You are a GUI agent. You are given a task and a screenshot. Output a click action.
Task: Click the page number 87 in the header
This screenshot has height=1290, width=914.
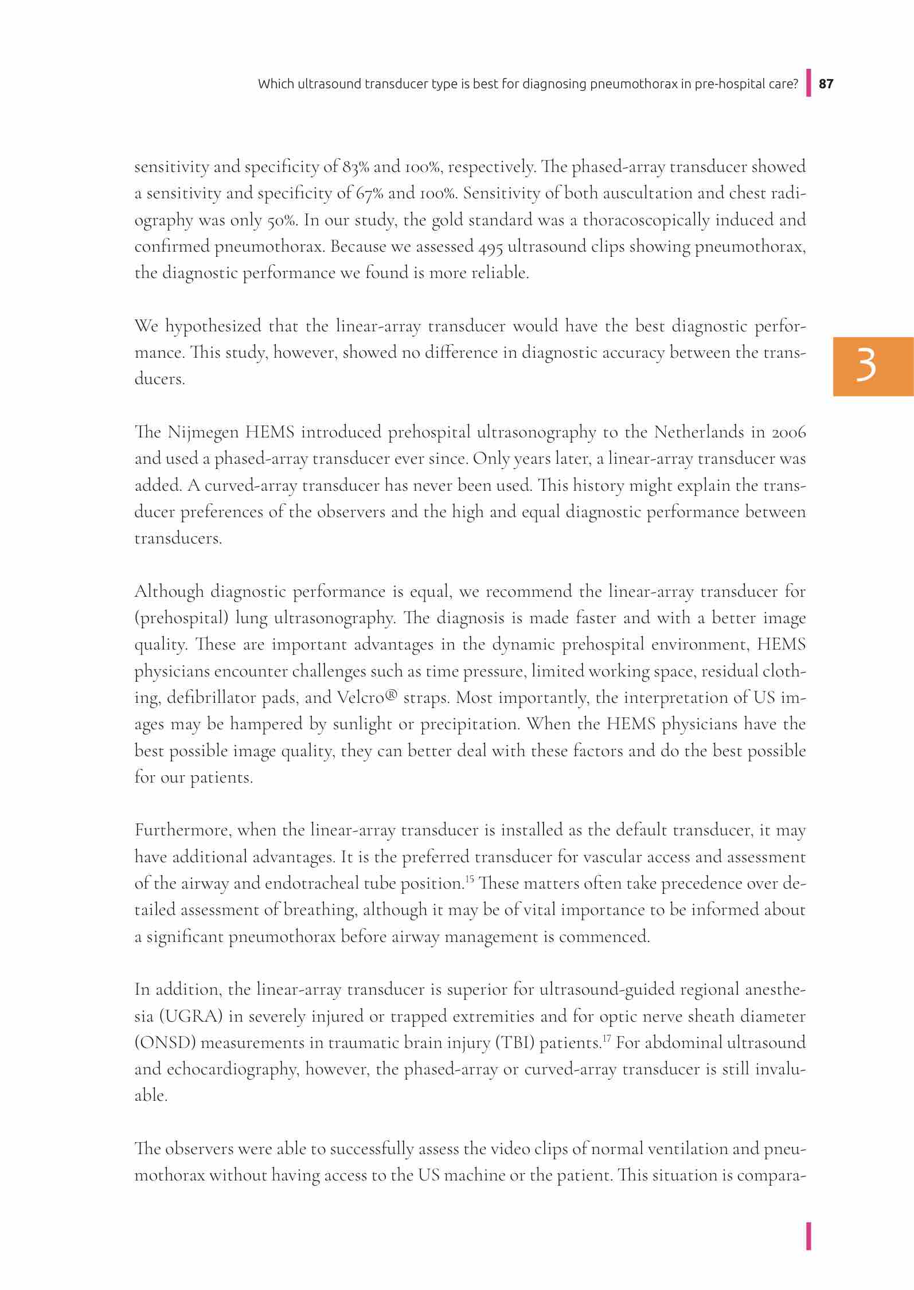point(826,84)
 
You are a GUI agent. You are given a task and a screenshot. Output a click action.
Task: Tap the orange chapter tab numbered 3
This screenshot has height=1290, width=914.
point(873,366)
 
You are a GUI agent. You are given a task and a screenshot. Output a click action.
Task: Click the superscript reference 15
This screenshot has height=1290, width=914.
point(469,879)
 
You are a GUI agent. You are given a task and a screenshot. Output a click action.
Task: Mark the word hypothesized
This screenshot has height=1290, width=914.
point(214,326)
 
